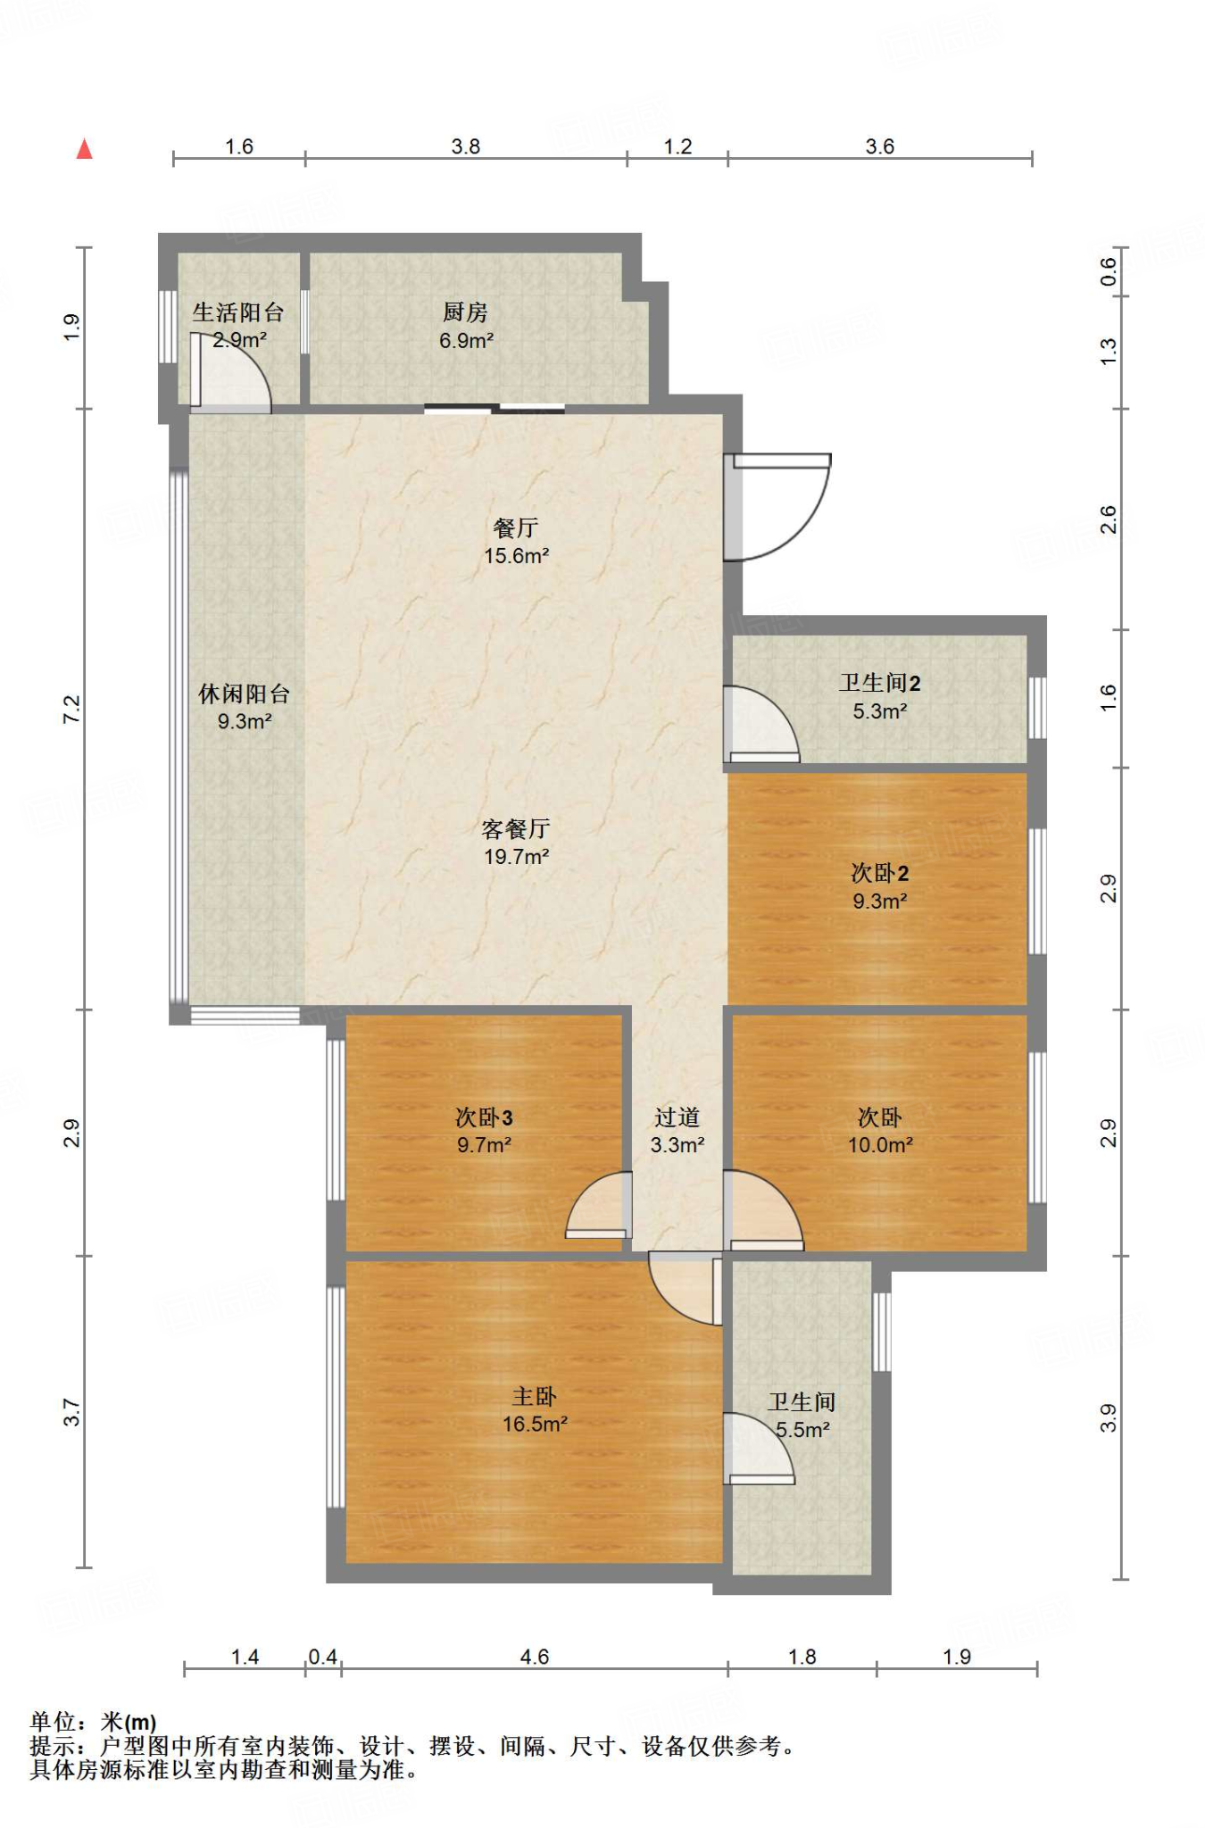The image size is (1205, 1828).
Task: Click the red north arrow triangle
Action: [85, 149]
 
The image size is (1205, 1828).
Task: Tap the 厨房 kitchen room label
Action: [465, 312]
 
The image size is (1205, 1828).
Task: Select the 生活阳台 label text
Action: [238, 312]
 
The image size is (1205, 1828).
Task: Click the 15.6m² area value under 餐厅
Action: [516, 556]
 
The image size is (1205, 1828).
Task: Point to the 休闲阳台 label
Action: [245, 694]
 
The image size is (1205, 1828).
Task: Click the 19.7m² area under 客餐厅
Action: [516, 857]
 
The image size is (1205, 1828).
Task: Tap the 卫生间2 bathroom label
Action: [879, 683]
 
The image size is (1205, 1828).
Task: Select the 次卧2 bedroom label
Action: [879, 873]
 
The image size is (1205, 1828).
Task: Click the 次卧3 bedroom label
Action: [484, 1118]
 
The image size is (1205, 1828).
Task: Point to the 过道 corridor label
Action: [677, 1118]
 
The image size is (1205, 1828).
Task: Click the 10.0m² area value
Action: [880, 1145]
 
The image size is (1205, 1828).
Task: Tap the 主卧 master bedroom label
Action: [534, 1396]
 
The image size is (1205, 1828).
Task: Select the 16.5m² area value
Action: [534, 1424]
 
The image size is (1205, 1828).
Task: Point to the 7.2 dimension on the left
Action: [71, 709]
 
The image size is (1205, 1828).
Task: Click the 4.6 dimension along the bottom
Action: [534, 1657]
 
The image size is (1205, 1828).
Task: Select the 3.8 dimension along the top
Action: [465, 146]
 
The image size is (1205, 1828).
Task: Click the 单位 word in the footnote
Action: [52, 1721]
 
